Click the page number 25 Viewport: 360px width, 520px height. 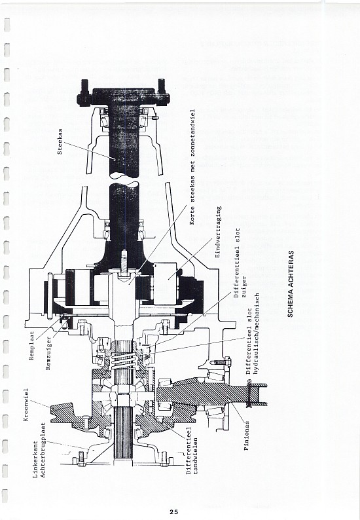coord(173,511)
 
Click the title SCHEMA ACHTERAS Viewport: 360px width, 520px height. coord(291,284)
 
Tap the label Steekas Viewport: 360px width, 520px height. coord(60,141)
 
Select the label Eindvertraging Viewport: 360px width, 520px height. coord(218,232)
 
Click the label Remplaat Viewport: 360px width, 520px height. coord(32,346)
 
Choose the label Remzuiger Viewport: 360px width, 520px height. coord(48,354)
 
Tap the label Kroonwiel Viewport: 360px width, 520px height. coord(26,405)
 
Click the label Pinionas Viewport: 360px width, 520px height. coord(246,436)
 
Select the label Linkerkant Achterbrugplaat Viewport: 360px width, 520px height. coord(39,450)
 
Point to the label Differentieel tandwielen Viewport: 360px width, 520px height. coord(192,451)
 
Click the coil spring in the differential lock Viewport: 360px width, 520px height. coord(123,360)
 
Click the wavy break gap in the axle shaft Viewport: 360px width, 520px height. coord(124,178)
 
